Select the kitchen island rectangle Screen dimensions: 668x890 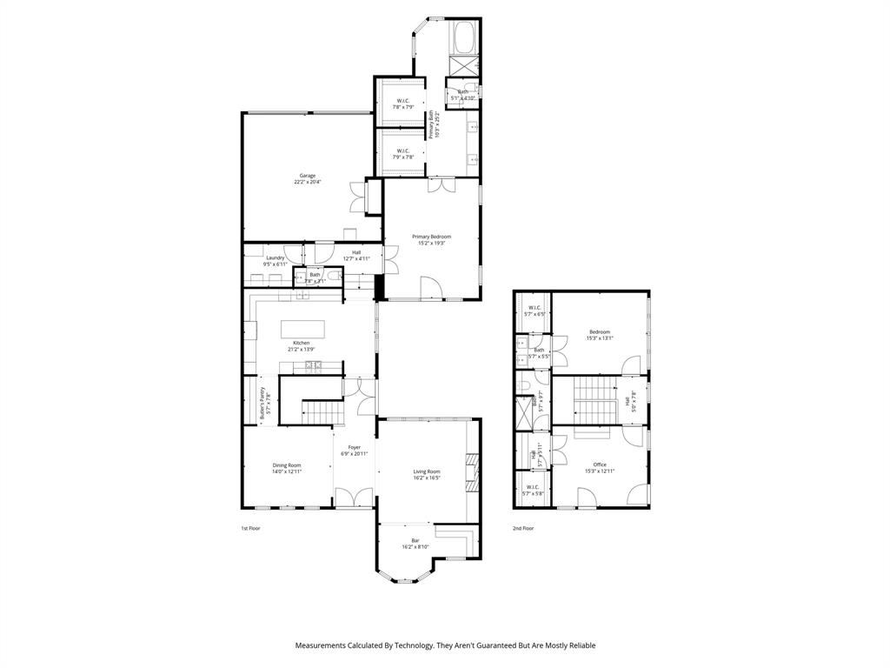[302, 330]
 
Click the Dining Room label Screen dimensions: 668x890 [287, 465]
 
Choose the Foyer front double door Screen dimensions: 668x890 [354, 498]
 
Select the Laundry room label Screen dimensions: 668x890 [276, 257]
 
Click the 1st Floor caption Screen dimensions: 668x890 [250, 528]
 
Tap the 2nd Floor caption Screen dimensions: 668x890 [523, 528]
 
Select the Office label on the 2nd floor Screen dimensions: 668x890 [600, 464]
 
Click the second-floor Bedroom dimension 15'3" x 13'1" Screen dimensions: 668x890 [600, 338]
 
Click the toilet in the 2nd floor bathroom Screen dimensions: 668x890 [525, 385]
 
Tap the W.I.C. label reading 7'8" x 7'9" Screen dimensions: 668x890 [403, 107]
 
